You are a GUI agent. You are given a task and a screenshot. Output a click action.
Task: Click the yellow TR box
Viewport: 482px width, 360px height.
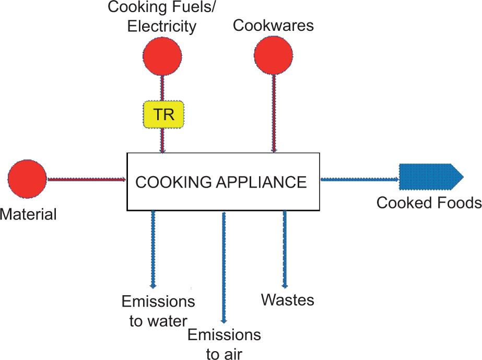[x=164, y=114]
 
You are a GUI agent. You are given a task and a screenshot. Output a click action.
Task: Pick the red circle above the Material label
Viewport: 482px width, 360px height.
[x=28, y=179]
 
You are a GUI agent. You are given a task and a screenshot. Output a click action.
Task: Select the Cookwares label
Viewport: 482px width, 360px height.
[x=273, y=26]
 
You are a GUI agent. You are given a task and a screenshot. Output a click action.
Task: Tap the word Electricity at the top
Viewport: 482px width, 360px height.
[x=162, y=26]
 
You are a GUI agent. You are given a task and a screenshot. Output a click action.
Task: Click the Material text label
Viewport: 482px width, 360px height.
[x=28, y=214]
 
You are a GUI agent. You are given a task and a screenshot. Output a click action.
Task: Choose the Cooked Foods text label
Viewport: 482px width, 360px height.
[x=429, y=203]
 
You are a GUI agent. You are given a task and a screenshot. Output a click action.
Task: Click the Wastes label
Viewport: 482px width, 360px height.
[x=288, y=300]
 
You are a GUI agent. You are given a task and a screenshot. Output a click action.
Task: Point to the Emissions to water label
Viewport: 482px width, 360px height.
[x=158, y=311]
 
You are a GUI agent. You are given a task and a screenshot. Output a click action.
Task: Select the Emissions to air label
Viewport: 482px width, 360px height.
[x=224, y=344]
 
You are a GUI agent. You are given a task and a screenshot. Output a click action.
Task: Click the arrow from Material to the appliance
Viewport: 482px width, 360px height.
[x=87, y=179]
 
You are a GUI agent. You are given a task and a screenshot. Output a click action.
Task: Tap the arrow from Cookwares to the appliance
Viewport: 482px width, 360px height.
[x=273, y=112]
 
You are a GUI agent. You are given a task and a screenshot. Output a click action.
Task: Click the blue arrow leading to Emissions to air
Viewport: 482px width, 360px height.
[x=224, y=266]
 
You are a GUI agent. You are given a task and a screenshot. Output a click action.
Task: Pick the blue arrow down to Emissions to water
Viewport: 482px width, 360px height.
[x=153, y=248]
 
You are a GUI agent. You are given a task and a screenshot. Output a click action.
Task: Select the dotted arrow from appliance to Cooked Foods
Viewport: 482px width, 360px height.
[x=359, y=179]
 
